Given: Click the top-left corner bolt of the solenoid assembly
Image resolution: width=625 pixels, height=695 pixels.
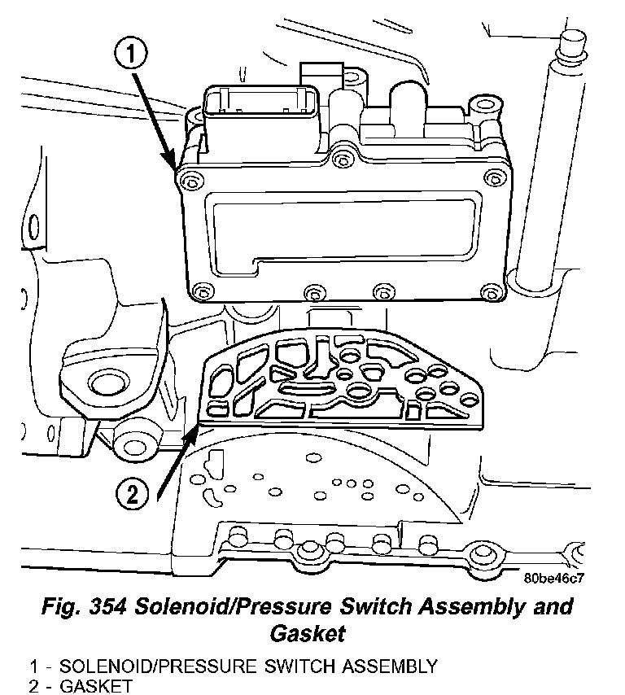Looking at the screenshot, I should (x=190, y=178).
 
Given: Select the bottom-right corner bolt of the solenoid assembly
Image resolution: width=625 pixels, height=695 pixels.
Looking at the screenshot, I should (x=488, y=291).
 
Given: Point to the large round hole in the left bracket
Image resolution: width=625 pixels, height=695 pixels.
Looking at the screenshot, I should (x=103, y=384).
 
